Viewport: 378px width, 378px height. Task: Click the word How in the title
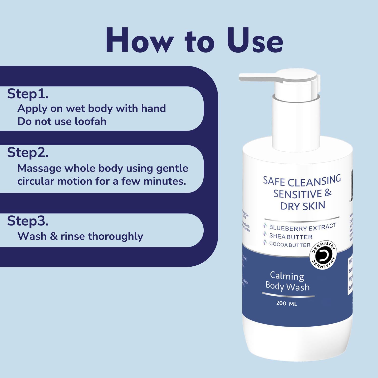click(x=140, y=40)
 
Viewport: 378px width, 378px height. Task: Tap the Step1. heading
click(x=28, y=94)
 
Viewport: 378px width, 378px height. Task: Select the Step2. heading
click(x=28, y=153)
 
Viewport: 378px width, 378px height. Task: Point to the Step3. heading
click(x=28, y=221)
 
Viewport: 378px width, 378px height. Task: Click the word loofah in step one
click(x=90, y=121)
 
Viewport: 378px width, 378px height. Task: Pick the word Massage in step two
click(x=39, y=168)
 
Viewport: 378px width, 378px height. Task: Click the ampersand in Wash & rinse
click(x=53, y=236)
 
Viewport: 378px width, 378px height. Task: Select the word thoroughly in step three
click(x=115, y=236)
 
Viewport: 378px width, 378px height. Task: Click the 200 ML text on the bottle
click(x=287, y=303)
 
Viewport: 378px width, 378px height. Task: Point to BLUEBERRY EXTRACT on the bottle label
click(x=302, y=227)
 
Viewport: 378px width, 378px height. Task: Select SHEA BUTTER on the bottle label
click(x=291, y=236)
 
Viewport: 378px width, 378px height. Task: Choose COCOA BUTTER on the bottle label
click(x=290, y=244)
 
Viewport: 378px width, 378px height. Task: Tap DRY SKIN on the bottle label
click(x=302, y=206)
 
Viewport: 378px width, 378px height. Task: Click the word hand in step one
click(x=153, y=109)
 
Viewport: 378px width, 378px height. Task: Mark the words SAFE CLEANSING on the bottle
click(x=302, y=181)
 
